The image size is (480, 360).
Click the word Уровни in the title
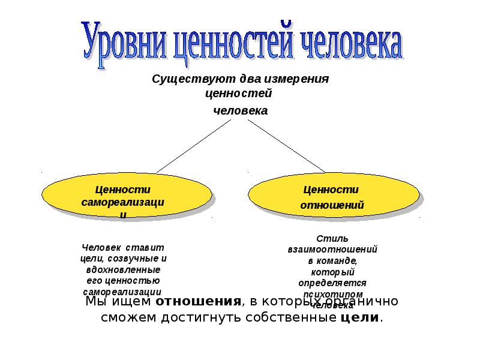124,41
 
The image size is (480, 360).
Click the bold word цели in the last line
359,317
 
